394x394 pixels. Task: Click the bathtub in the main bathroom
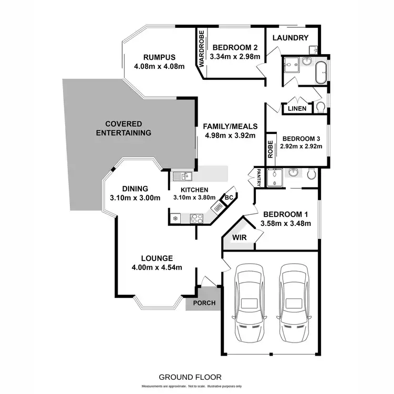[320, 71]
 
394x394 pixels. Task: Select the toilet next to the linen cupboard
[320, 108]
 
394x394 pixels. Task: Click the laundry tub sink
[313, 49]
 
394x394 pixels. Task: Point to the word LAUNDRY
[290, 38]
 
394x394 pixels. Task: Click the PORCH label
[204, 304]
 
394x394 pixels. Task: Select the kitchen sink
[182, 177]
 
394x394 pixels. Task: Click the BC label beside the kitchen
[229, 198]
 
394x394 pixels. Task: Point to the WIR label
[239, 237]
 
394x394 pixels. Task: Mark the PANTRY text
[259, 178]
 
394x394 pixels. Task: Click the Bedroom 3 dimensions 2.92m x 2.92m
[302, 148]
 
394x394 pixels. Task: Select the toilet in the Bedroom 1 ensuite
[312, 173]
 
